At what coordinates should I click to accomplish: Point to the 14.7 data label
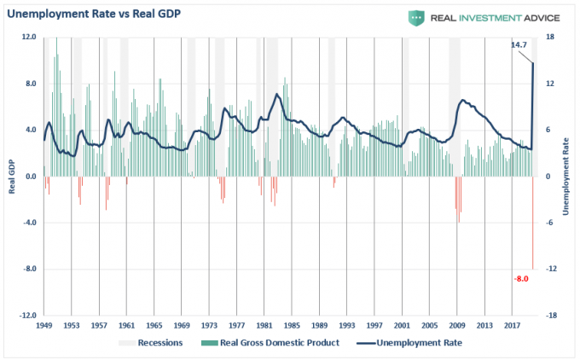519,44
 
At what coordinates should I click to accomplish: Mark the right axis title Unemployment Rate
565,176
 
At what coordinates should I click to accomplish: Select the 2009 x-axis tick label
458,325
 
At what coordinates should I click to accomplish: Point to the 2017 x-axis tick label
513,325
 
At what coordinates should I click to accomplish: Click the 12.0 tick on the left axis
28,38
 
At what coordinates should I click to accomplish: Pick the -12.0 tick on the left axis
26,315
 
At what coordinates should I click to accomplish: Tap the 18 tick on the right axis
551,38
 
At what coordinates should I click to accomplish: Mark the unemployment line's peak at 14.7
534,63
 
